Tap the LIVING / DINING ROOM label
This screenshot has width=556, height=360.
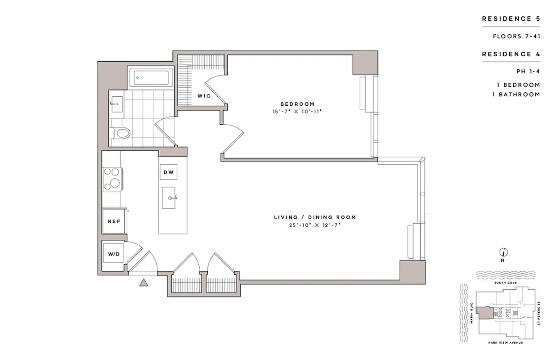[x=315, y=217]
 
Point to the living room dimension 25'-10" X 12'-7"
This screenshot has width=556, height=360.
[x=315, y=225]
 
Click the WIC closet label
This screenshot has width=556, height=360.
[x=204, y=96]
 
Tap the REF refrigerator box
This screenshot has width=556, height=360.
[x=113, y=221]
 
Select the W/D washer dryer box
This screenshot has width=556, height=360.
[x=113, y=255]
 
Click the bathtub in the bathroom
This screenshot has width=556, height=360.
[x=150, y=78]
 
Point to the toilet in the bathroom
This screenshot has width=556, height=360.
[x=121, y=133]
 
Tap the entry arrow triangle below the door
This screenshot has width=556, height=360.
[x=143, y=283]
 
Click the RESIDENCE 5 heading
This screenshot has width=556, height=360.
[x=511, y=19]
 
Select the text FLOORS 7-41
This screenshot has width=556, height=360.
[x=516, y=36]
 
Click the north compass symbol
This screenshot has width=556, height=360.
[x=503, y=252]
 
